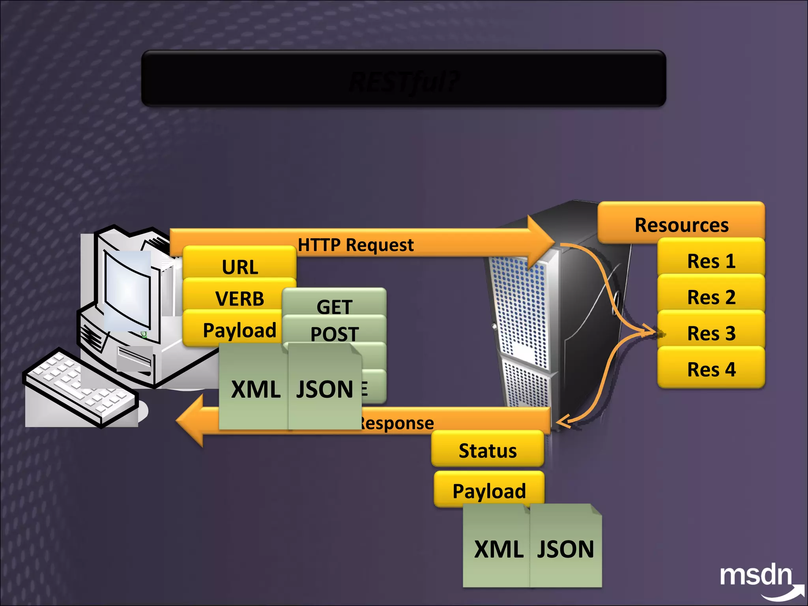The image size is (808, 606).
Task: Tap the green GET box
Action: pyautogui.click(x=334, y=306)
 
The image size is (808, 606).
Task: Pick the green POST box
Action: pyautogui.click(x=334, y=333)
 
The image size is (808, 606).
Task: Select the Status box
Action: pyautogui.click(x=487, y=450)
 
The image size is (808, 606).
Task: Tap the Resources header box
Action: pyautogui.click(x=681, y=224)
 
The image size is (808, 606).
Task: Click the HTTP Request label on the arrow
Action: pyautogui.click(x=355, y=245)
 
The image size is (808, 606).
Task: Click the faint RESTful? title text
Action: pyautogui.click(x=404, y=82)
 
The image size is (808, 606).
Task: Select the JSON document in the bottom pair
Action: pyautogui.click(x=565, y=548)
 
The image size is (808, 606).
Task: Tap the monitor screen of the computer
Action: pyautogui.click(x=127, y=290)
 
